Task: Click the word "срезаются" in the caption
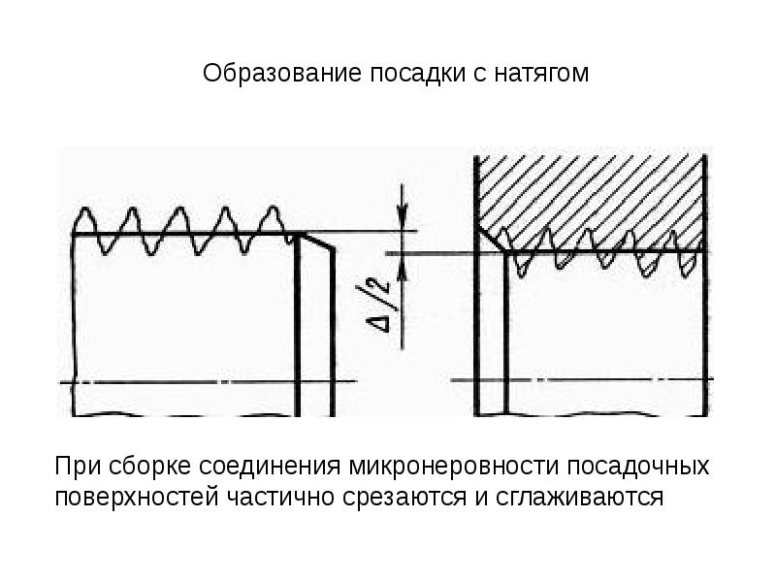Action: coord(382,499)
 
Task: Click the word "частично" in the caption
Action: coord(273,499)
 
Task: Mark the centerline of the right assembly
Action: coord(592,378)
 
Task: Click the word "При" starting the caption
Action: coord(76,467)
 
